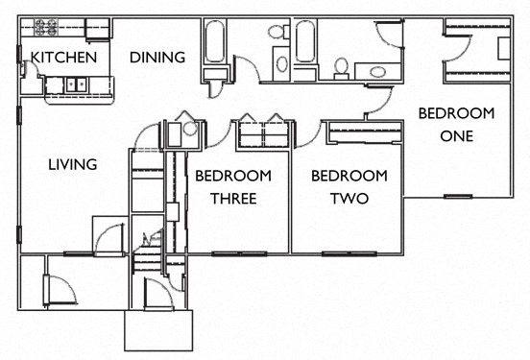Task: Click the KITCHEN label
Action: (x=64, y=58)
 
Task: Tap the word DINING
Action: (x=157, y=58)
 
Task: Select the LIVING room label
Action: (x=73, y=164)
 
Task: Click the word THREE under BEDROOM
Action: (x=232, y=199)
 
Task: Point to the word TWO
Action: (x=349, y=199)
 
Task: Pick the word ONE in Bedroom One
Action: (x=457, y=135)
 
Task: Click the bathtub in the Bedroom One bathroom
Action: (x=305, y=44)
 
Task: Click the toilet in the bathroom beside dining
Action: (x=279, y=34)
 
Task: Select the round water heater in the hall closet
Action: (x=189, y=127)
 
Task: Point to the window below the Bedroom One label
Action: (x=456, y=196)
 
